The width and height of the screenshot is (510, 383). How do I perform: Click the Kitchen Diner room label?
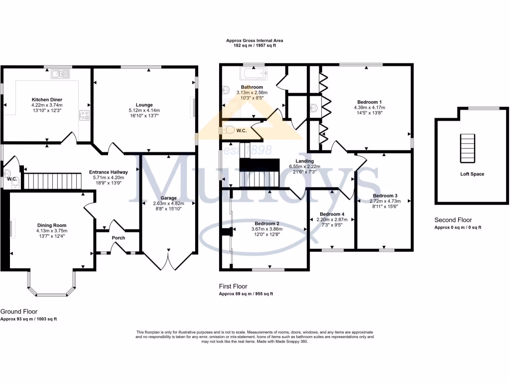coord(47,99)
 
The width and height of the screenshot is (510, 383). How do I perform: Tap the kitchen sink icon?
coord(60,74)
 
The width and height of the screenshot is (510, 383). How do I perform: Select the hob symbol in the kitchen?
coord(84,115)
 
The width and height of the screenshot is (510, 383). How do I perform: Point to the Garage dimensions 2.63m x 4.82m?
coord(168,203)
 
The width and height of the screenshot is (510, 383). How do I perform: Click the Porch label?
coord(118,237)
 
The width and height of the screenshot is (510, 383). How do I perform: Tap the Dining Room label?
coord(51,225)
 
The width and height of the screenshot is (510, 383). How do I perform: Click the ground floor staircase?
coord(52,180)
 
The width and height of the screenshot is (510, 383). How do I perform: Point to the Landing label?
coord(304,161)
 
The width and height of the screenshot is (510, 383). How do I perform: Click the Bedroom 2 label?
coord(266,223)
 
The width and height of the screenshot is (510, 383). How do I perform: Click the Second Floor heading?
coord(453,220)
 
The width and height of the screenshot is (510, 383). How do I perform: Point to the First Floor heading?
coord(233,287)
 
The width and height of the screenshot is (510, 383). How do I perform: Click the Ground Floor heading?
coord(19,312)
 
